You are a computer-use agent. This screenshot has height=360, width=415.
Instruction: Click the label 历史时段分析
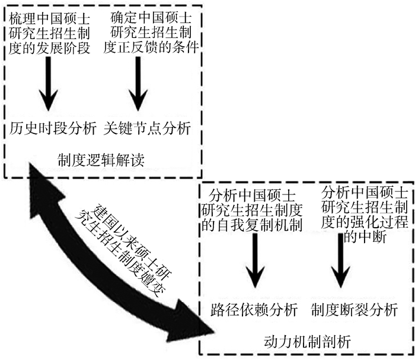click(x=52, y=128)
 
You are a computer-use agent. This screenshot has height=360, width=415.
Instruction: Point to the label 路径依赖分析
click(x=254, y=310)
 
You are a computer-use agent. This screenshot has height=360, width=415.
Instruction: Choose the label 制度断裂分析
click(x=353, y=310)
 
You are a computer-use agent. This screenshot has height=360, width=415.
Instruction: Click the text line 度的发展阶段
click(x=50, y=48)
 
